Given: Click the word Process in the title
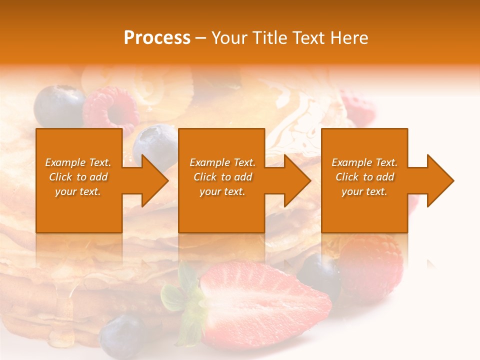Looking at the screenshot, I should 157,38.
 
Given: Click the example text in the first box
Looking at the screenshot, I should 78,177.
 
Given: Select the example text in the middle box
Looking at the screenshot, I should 222,177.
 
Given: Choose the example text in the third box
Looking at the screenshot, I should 364,177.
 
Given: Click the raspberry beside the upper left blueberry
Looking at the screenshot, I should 111,109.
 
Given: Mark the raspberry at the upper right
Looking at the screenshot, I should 359,107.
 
